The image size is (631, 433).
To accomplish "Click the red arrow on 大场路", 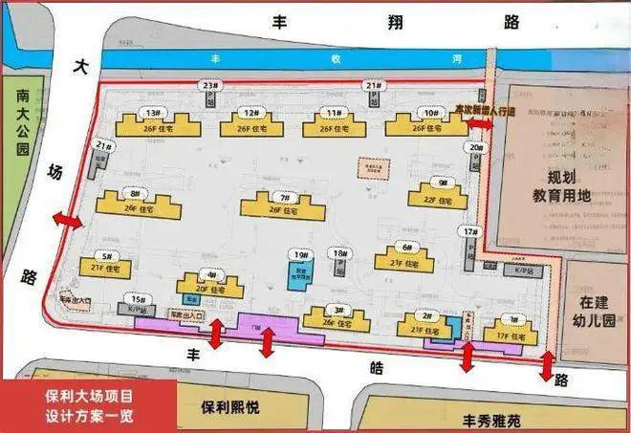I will (x=67, y=220).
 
